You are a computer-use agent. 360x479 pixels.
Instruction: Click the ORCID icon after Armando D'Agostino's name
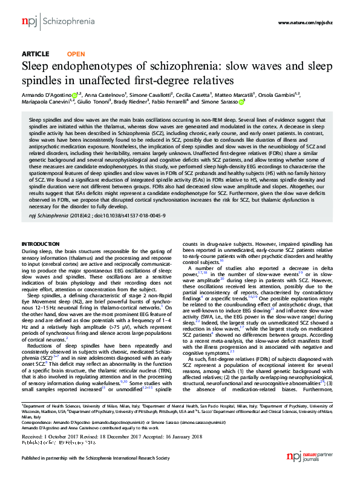pos(74,95)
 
